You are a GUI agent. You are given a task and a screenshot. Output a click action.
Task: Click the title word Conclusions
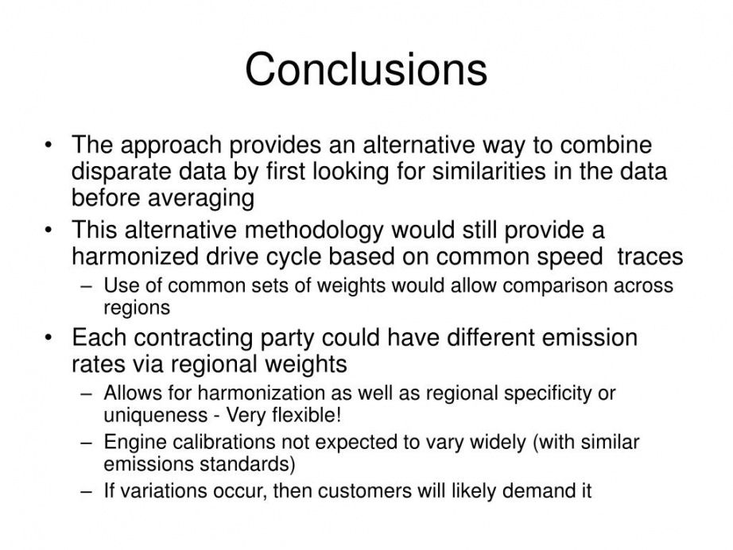coord(366,69)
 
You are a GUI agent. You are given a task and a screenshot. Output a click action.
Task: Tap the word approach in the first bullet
coord(171,145)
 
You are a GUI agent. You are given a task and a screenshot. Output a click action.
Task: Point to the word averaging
coord(201,199)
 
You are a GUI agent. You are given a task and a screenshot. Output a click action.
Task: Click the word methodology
coord(313,230)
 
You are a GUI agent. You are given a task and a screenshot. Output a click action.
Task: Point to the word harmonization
coord(261,393)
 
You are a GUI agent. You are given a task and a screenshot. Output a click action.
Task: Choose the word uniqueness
coord(155,416)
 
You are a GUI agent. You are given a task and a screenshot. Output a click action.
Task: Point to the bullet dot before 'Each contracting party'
coord(48,337)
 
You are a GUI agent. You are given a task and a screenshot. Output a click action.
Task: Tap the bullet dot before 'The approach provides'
coord(48,145)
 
